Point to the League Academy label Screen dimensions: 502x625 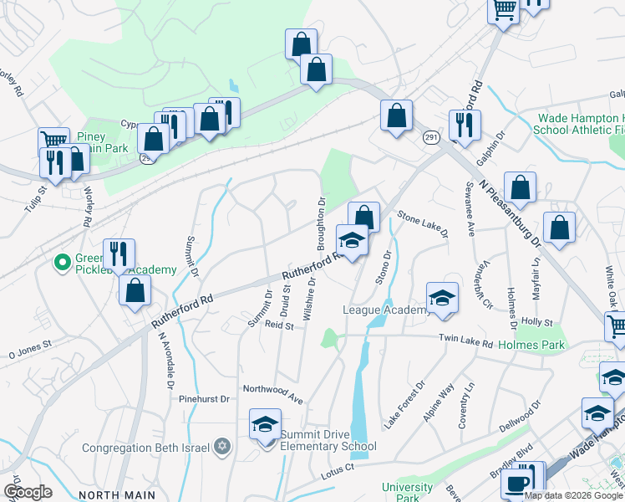pyautogui.click(x=385, y=310)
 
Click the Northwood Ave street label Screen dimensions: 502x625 pyautogui.click(x=272, y=390)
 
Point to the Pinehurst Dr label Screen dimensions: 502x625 pyautogui.click(x=204, y=399)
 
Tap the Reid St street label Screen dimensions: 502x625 pyautogui.click(x=279, y=325)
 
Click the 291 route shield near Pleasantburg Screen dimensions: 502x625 pyautogui.click(x=431, y=137)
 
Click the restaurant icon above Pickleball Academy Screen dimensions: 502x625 pyautogui.click(x=119, y=253)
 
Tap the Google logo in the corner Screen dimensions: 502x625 pyautogui.click(x=27, y=491)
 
